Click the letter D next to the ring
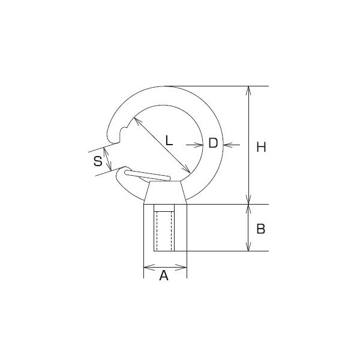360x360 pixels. pos(212,143)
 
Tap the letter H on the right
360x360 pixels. pos(260,147)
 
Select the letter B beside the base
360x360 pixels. pos(260,229)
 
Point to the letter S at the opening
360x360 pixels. pos(97,161)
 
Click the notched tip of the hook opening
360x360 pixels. pos(124,134)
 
